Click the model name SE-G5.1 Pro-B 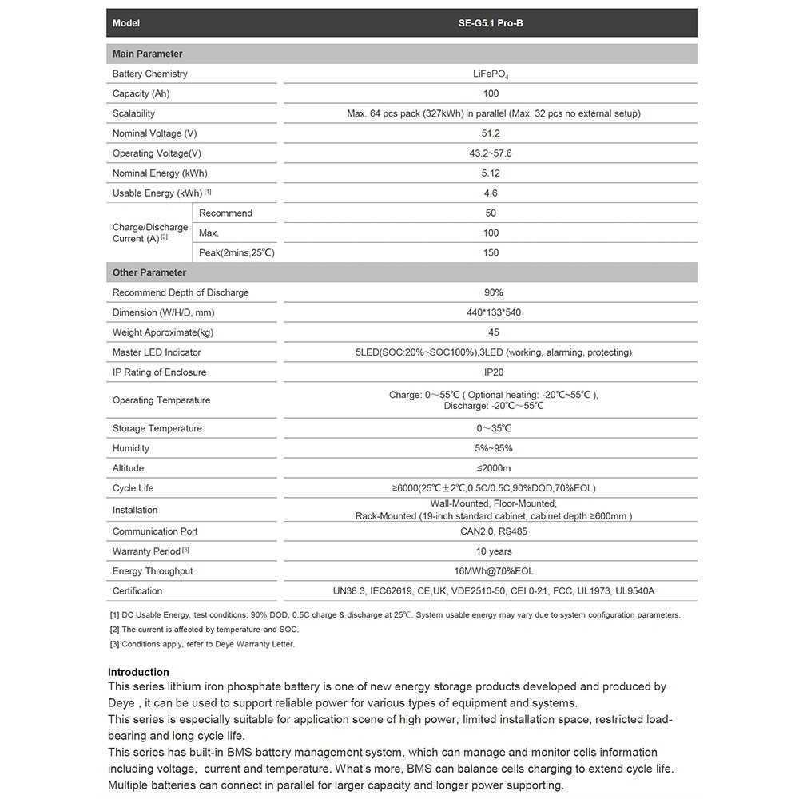click(491, 23)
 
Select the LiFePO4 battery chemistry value click(491, 74)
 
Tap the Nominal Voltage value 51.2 click(491, 133)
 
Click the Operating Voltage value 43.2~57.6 click(491, 153)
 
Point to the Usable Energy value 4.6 click(491, 193)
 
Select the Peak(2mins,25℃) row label click(237, 253)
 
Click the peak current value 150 click(491, 253)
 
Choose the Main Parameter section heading click(148, 54)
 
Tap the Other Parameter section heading click(149, 273)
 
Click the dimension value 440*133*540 click(494, 312)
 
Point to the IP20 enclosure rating click(494, 372)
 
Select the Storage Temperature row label click(157, 429)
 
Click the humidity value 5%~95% click(494, 449)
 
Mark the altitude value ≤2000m click(494, 468)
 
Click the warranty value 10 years click(494, 551)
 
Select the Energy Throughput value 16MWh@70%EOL click(494, 571)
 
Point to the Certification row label click(137, 591)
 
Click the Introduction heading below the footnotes click(139, 672)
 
